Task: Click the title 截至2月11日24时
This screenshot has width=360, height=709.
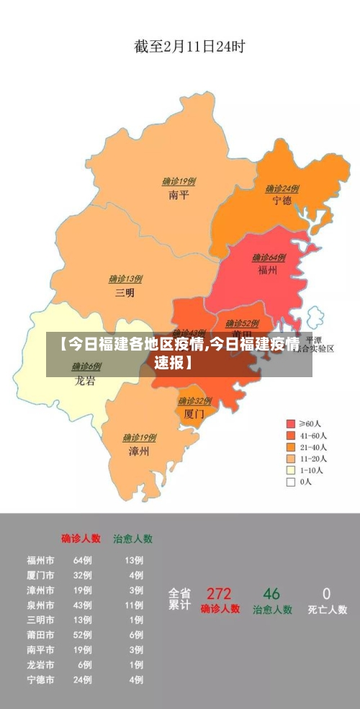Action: coord(189,48)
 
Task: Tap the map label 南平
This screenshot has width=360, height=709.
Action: coord(179,195)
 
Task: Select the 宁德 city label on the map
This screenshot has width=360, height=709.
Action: coord(282,201)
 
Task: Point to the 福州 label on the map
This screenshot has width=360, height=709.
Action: coord(268,271)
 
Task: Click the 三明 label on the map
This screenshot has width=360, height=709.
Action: coord(125,293)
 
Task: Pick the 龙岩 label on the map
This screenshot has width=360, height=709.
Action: coord(85,381)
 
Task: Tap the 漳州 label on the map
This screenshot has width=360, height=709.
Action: coord(138,451)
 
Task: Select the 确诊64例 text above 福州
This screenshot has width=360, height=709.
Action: coord(269,258)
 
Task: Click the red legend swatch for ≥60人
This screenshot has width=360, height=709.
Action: coord(291,423)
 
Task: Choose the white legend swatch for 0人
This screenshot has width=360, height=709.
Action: coord(291,482)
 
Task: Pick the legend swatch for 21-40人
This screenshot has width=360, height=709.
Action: coord(291,447)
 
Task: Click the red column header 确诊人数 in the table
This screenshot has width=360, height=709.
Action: coord(81,538)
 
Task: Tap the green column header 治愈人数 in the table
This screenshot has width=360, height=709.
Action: coord(132,538)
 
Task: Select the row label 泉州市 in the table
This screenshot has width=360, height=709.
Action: coord(40,605)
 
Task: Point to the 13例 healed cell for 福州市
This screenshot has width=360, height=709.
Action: coord(134,560)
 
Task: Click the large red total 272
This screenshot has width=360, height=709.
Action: coord(219,594)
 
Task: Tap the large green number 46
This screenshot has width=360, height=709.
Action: coord(271,594)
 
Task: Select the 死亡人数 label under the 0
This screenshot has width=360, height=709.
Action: coord(327,610)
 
